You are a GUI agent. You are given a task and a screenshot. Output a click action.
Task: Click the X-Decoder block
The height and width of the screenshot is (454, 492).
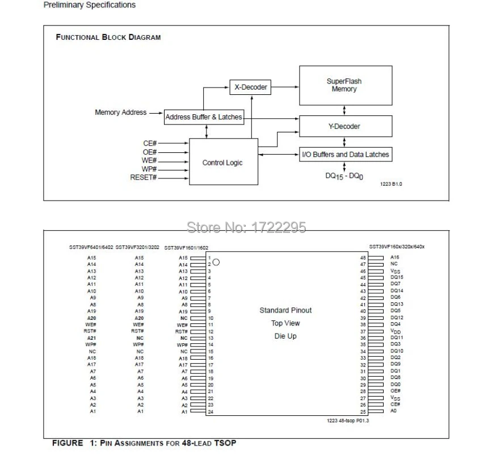250,88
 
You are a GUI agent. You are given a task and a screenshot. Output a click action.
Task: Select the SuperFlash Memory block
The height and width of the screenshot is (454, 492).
345,85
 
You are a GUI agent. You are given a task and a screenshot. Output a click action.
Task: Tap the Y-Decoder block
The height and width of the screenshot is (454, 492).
345,126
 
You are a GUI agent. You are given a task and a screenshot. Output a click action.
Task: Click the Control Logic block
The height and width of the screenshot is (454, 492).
222,163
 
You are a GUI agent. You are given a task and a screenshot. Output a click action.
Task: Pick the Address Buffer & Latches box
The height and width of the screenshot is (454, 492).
204,118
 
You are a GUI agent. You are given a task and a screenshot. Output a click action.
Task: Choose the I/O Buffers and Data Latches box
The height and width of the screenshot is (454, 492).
345,154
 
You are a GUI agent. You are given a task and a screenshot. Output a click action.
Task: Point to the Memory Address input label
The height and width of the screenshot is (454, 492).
120,113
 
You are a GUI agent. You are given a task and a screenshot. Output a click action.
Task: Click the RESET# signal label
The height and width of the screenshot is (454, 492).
143,178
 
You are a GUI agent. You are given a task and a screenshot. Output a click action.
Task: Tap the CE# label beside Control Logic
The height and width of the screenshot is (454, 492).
149,143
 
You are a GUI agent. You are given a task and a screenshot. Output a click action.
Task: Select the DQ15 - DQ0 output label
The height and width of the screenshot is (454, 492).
344,176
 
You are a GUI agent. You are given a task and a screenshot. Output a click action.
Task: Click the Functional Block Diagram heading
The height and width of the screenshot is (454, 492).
108,37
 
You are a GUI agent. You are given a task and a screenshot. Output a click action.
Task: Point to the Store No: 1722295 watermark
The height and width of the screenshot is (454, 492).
246,227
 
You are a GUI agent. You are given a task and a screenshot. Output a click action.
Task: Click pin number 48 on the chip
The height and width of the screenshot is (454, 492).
363,257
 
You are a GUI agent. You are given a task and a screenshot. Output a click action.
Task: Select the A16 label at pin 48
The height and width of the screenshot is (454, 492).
394,257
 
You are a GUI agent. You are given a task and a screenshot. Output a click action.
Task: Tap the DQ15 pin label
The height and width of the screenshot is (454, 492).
397,277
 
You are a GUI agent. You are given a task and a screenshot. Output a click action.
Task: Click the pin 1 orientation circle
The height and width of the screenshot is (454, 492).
216,263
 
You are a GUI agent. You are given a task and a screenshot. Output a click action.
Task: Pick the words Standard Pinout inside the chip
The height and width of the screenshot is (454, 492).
285,310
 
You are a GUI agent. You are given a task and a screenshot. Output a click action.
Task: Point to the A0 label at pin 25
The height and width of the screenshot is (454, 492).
394,411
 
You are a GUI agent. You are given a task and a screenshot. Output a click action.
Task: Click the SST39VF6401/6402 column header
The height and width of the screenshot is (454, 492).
91,247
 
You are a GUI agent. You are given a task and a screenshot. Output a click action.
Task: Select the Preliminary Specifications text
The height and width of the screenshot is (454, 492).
90,5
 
